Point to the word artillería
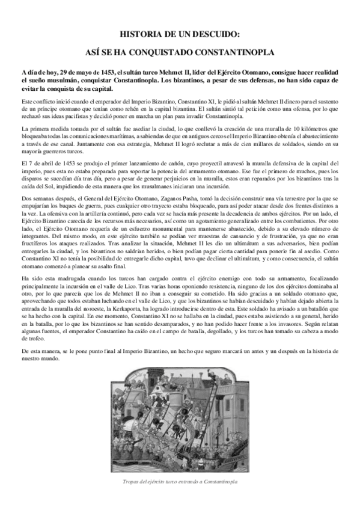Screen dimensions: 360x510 coord(88,214)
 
